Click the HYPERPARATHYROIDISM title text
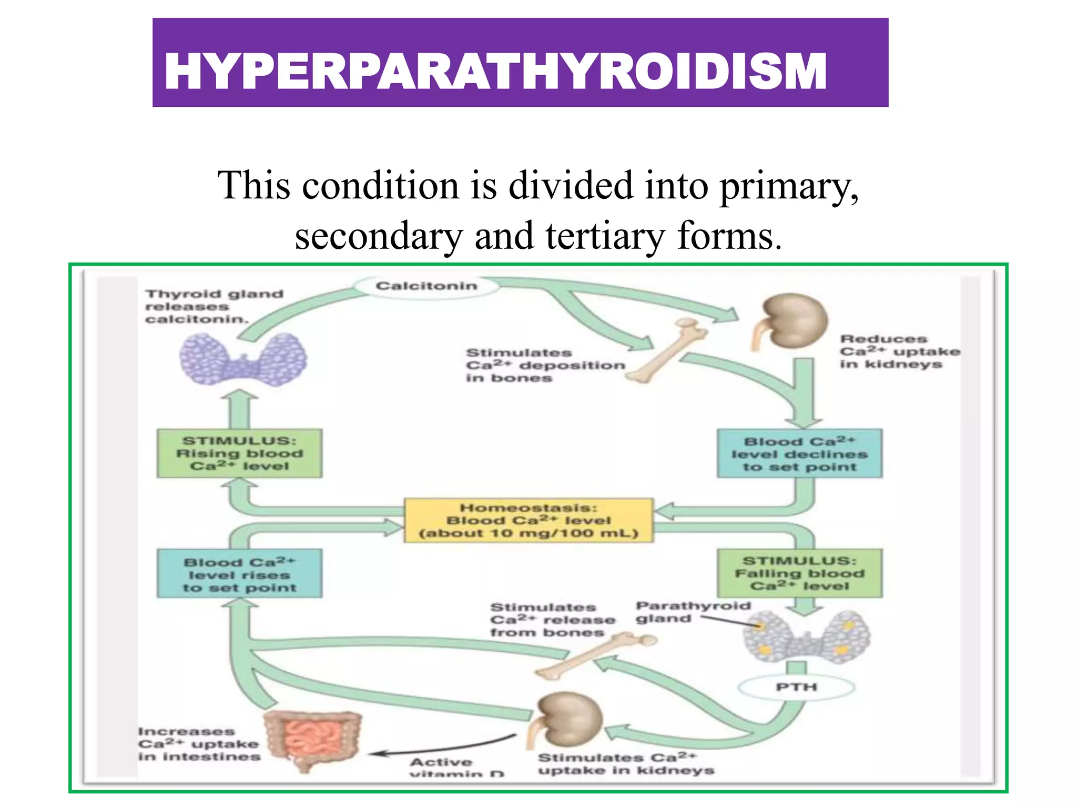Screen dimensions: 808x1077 point(495,72)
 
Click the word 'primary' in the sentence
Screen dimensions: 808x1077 point(789,187)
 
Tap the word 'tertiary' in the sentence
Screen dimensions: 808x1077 point(605,237)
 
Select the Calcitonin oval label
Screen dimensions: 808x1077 point(426,286)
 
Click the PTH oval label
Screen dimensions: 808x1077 point(796,687)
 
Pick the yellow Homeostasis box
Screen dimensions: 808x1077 point(529,520)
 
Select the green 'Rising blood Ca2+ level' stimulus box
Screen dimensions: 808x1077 point(239,453)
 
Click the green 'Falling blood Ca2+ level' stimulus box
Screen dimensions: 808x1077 point(799,573)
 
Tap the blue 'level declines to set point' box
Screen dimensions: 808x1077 point(799,453)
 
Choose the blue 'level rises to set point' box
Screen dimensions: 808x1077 point(239,574)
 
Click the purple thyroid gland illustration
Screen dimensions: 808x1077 point(243,361)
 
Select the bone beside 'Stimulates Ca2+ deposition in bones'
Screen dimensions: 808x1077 point(668,350)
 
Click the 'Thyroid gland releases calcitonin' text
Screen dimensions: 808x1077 point(213,306)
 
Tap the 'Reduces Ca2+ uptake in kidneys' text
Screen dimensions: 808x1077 point(899,351)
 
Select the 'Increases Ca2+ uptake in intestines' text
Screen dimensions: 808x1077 point(199,744)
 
